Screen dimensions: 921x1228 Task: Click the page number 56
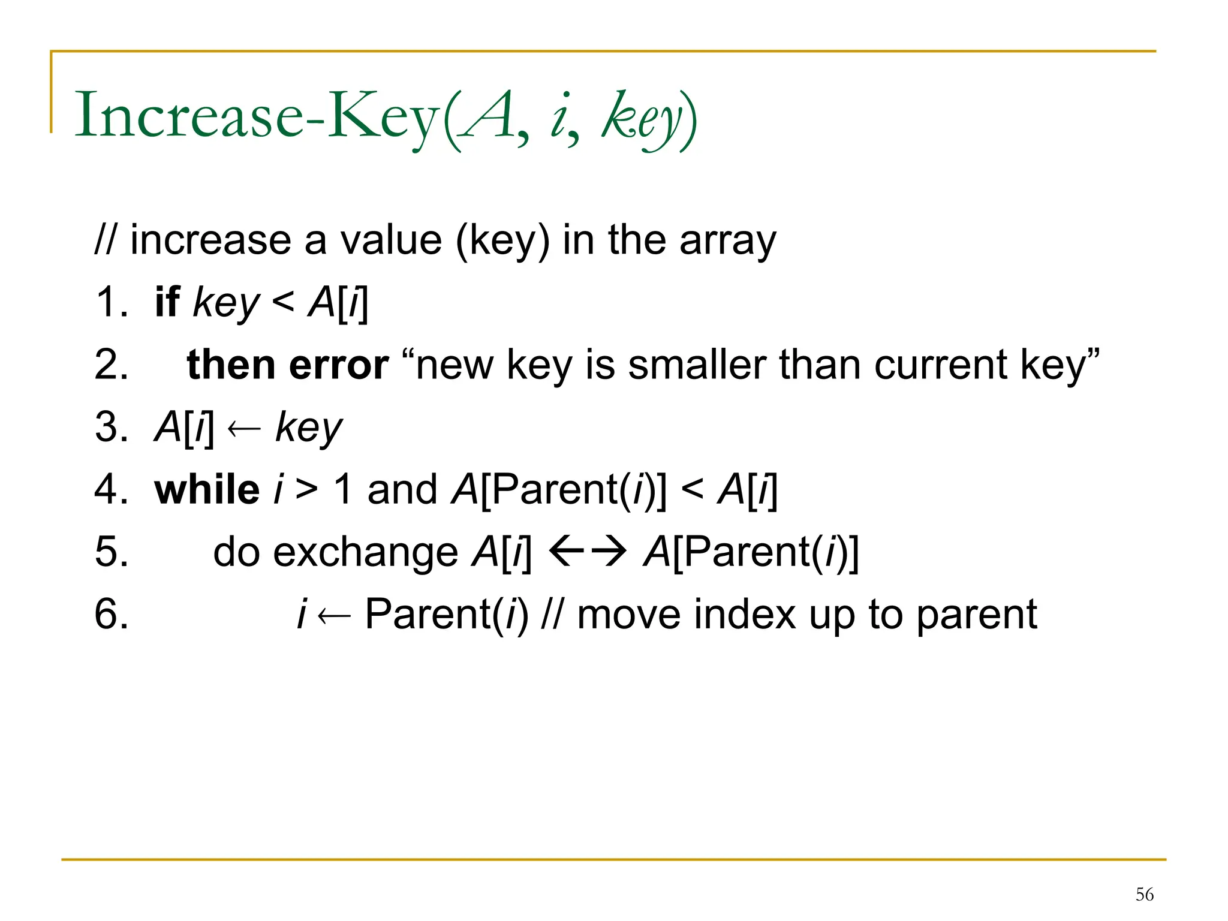click(1144, 895)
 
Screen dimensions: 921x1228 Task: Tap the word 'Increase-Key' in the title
click(257, 115)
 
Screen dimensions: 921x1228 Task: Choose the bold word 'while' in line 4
click(207, 489)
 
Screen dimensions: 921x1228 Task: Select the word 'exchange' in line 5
click(366, 552)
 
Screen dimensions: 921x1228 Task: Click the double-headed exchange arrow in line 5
click(588, 551)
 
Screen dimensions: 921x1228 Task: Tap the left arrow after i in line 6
click(334, 615)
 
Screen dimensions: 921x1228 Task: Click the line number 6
click(112, 614)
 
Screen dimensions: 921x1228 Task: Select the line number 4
click(112, 489)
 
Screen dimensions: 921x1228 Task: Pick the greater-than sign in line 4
click(306, 489)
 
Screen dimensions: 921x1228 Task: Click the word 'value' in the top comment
click(391, 240)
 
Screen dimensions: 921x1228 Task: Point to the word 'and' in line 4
click(402, 489)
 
